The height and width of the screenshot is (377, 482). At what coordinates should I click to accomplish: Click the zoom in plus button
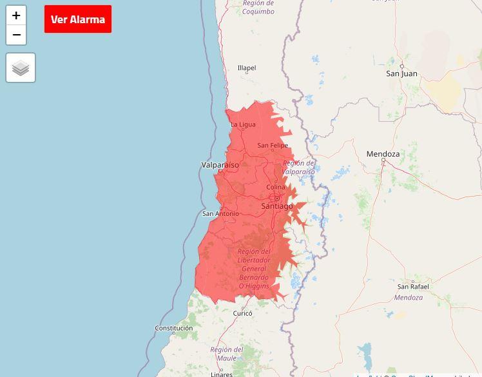click(16, 15)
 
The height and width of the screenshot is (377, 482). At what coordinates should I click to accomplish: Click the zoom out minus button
click(16, 35)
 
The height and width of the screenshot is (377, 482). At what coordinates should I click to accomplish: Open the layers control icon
click(21, 68)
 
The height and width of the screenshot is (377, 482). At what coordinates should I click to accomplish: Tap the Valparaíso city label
click(220, 165)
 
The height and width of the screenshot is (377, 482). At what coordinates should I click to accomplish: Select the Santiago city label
click(277, 206)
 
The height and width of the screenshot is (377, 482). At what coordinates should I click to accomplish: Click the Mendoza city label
click(383, 154)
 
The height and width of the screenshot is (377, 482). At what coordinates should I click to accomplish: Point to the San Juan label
click(401, 73)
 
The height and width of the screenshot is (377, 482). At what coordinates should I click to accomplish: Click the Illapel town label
click(247, 68)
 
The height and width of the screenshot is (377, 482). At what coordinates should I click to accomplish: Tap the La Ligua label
click(243, 124)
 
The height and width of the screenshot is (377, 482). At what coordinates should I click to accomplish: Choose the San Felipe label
click(273, 146)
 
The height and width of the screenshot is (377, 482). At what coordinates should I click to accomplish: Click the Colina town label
click(276, 188)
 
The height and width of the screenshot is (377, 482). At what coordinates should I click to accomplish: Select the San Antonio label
click(220, 214)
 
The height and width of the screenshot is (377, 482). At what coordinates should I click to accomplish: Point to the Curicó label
click(243, 313)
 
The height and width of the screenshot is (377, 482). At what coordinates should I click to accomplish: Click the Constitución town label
click(174, 328)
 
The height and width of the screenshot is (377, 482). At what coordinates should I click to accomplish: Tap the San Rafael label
click(413, 287)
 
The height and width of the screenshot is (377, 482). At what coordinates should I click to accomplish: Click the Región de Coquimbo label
click(258, 8)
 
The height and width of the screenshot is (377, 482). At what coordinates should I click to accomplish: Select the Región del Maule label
click(227, 354)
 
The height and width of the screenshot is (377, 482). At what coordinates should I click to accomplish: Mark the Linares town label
click(222, 374)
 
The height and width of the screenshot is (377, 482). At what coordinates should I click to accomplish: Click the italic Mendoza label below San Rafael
click(409, 298)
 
